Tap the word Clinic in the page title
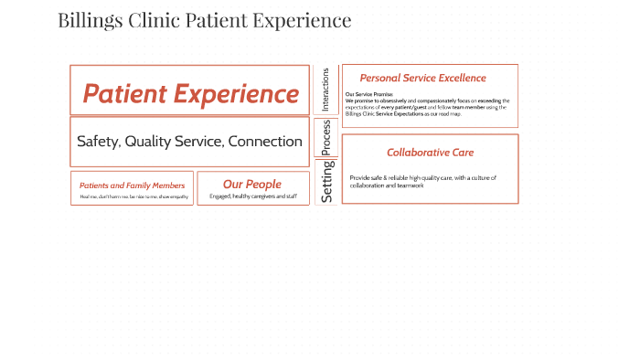154,20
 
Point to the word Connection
265,142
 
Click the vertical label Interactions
325,90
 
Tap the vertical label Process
326,137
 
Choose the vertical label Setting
326,181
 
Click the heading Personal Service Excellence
422,79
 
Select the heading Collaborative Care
430,153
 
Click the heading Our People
252,185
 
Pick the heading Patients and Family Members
132,185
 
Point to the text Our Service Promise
368,94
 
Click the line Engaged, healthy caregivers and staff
252,196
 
